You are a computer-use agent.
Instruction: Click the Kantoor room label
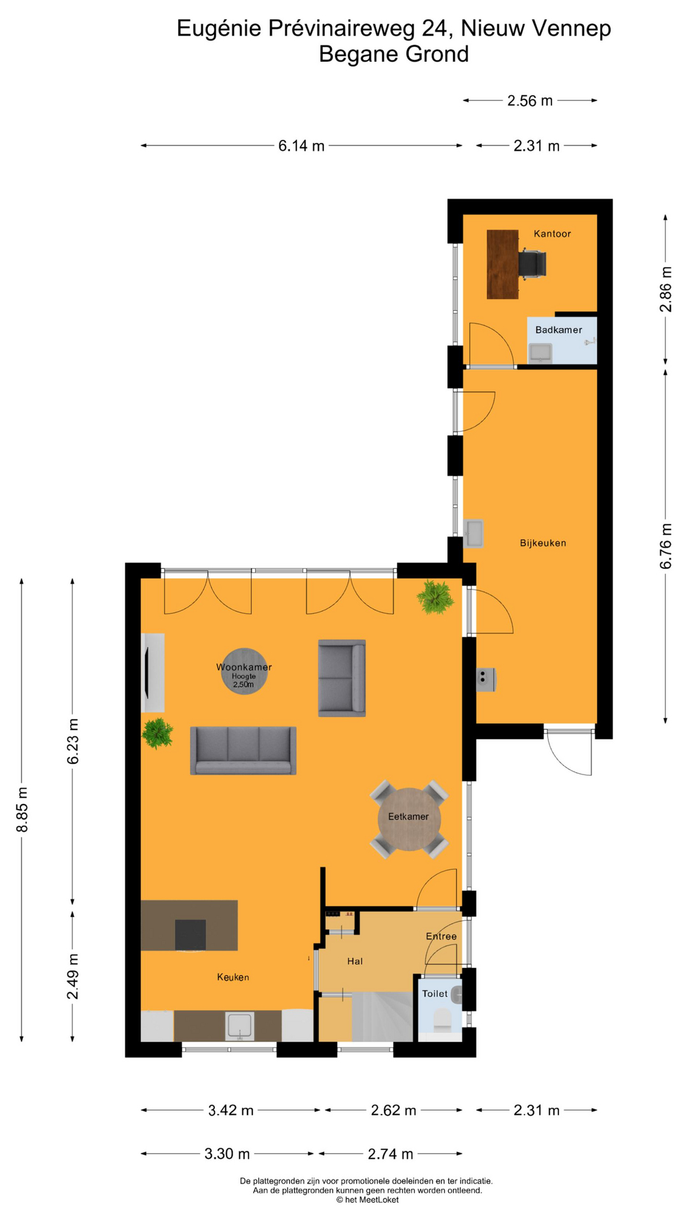pos(552,234)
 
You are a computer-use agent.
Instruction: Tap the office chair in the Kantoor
pos(532,264)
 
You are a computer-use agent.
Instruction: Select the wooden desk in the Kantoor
pos(503,264)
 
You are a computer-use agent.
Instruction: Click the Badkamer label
pos(559,330)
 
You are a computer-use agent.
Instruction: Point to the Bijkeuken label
pos(543,543)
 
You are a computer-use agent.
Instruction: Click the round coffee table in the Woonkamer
pos(244,671)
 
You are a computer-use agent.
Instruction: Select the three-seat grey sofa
pos(243,750)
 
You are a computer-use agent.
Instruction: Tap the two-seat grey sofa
pos(342,678)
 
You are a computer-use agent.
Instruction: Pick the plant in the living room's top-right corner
pos(435,596)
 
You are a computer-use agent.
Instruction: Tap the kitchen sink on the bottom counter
pos(240,1026)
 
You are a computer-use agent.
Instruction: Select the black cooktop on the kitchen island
pos(190,934)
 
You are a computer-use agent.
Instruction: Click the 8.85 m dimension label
pos(22,809)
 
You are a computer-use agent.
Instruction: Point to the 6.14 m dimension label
pos(302,146)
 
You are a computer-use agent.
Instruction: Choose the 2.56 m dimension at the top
pos(530,101)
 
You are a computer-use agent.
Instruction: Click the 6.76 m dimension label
pos(665,546)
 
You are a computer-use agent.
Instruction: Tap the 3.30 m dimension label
pos(227,1153)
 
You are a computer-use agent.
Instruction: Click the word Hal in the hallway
pos(355,961)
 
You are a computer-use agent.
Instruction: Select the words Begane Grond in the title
pos(394,54)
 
